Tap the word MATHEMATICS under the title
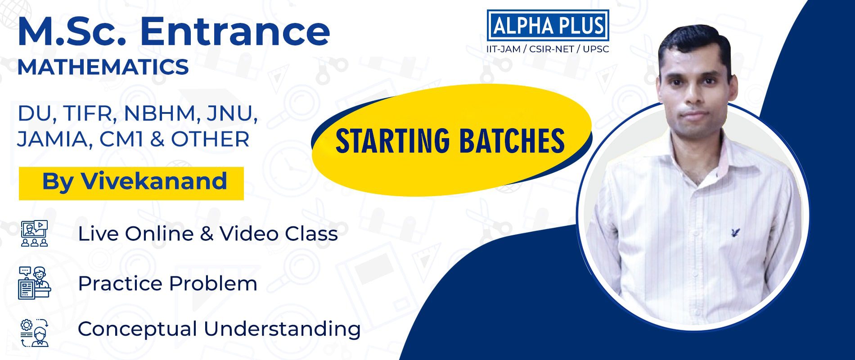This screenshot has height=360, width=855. point(103,67)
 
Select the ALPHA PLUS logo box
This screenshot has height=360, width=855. point(548,25)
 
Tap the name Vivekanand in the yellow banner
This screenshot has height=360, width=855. point(153,181)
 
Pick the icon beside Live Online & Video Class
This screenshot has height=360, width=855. point(34,233)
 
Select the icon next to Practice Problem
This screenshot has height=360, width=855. point(34,283)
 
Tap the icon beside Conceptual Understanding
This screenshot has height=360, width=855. point(34,333)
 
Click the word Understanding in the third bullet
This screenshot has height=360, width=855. point(282,329)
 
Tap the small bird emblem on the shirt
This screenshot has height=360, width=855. point(735,233)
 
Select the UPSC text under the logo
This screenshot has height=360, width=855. point(596,49)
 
